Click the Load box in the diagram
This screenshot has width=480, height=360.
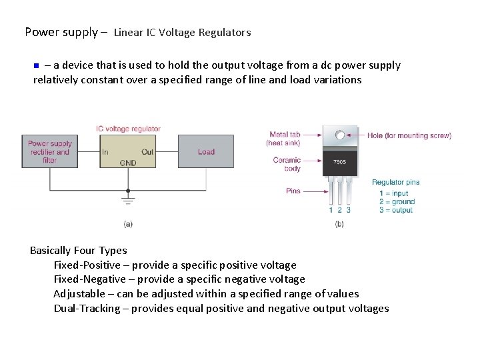206,152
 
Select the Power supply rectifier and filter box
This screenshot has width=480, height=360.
49,152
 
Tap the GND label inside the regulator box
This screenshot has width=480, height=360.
128,163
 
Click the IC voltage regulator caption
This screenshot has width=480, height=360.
128,129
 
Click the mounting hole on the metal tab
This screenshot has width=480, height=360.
340,135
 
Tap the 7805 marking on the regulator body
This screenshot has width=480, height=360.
339,162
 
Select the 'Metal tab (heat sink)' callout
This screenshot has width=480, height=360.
283,139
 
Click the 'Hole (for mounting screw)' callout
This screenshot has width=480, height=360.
409,135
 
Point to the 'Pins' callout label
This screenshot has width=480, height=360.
293,191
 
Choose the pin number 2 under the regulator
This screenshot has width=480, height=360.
339,210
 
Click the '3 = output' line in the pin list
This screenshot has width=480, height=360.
396,210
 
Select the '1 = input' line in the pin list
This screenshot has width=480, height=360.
393,193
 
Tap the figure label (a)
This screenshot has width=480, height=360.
128,223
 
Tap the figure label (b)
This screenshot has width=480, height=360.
339,223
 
